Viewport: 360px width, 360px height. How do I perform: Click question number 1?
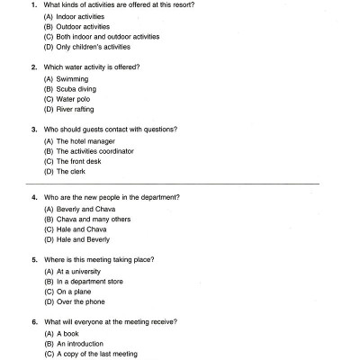point(34,6)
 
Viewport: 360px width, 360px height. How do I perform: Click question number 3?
point(34,130)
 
